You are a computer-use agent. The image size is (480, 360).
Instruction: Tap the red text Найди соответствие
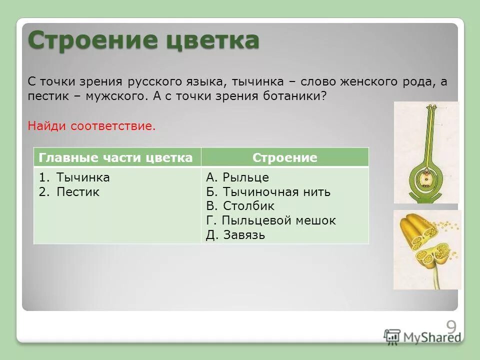point(91,126)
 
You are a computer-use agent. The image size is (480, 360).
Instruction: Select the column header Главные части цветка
point(115,158)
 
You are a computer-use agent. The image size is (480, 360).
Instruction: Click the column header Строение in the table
point(284,158)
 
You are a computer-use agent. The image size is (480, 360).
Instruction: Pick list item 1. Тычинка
point(74,177)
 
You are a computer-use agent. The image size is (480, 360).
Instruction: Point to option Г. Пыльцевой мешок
point(270,220)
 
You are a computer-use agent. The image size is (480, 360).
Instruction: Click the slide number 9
point(451,328)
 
